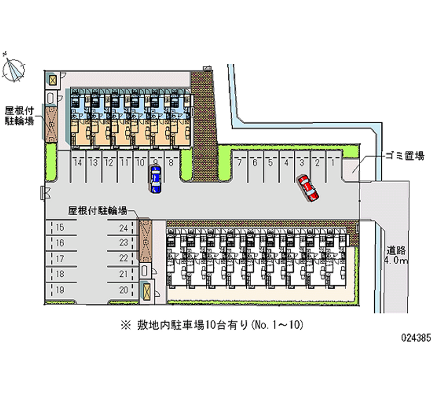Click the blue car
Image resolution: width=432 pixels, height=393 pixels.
[x=156, y=179]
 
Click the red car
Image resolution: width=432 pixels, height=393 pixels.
[x=307, y=187]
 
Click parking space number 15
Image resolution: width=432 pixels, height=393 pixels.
[x=60, y=228]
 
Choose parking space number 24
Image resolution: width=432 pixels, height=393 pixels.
[x=124, y=228]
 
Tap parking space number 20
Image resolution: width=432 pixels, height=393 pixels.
[x=124, y=290]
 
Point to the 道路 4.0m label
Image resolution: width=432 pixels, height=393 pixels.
[x=397, y=256]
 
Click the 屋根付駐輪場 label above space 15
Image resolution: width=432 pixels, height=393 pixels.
[x=97, y=210]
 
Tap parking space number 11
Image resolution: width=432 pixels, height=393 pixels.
[x=124, y=162]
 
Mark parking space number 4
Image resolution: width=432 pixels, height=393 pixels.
[x=286, y=162]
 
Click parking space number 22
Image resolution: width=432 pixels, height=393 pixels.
[x=124, y=258]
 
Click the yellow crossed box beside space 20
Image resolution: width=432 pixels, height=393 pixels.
[x=147, y=291]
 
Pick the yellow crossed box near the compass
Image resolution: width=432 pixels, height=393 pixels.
[x=52, y=81]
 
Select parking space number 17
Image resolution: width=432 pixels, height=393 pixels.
[x=60, y=258]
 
